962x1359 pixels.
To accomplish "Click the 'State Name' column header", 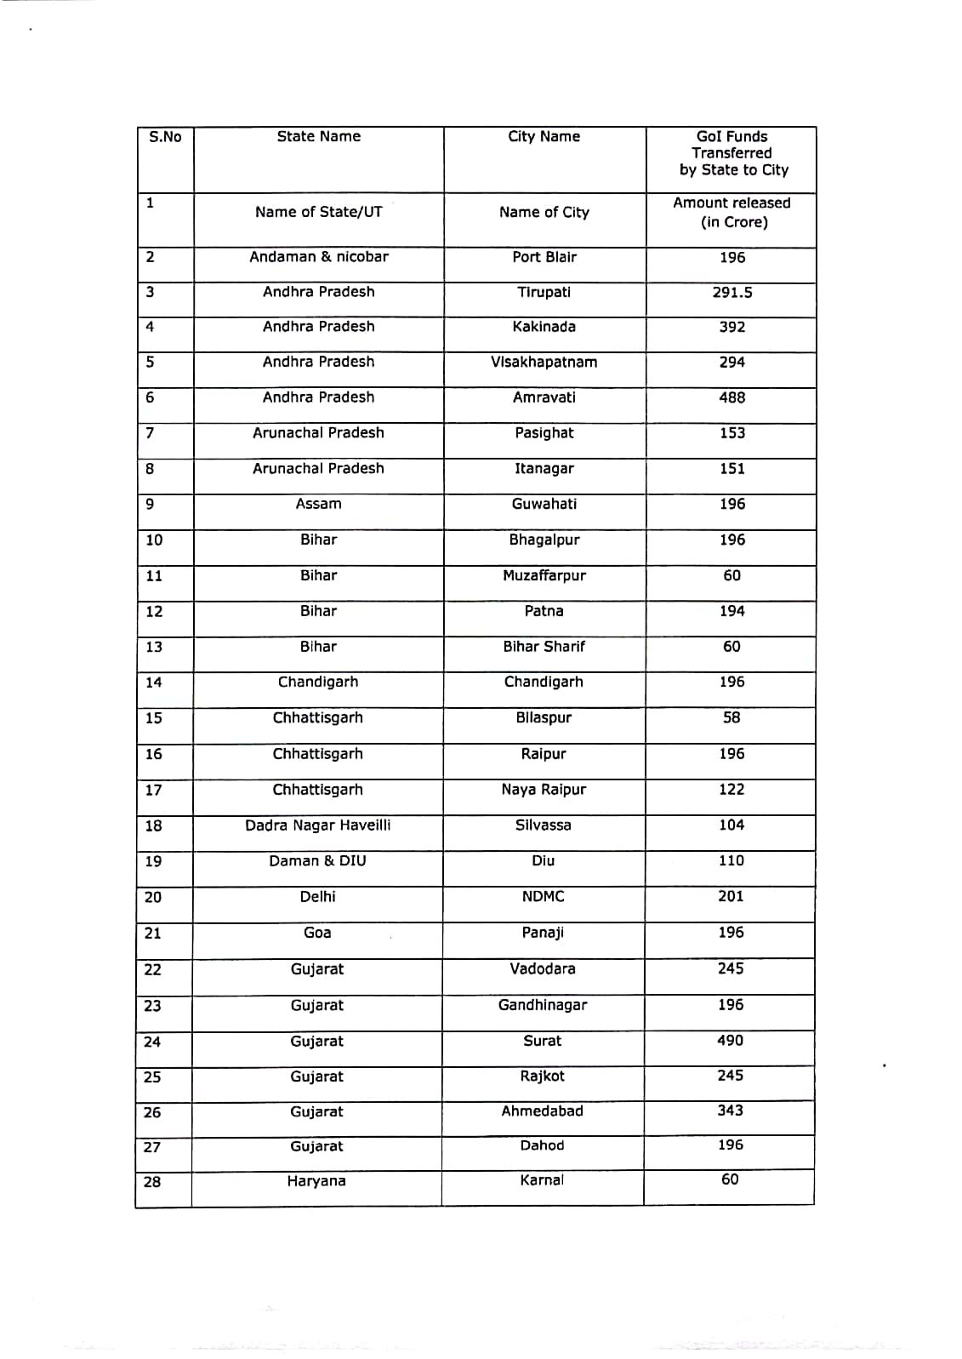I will (318, 137).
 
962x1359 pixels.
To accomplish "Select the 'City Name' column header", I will (544, 137).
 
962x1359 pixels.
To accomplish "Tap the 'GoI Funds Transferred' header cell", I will (731, 153).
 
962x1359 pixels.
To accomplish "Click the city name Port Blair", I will (544, 258).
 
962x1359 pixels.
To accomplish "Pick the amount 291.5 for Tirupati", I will (731, 293).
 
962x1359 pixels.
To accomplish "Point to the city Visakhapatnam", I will (544, 363).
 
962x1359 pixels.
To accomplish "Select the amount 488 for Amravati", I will (731, 398).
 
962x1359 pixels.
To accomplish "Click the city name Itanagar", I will (544, 469).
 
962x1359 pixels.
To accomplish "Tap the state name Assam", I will (318, 505).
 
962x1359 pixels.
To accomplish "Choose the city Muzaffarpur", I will (544, 576).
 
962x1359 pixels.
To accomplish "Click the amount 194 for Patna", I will (731, 612).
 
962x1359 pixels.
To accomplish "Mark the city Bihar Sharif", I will (544, 647).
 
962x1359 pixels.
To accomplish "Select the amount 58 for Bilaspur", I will (731, 718).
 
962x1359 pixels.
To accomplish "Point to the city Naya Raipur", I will (544, 790).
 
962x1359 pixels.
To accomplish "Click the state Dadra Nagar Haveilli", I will (318, 825).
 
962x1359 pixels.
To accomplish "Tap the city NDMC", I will (543, 897).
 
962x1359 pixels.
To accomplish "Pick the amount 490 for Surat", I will (730, 1041).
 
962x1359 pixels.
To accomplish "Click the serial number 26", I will (152, 1113).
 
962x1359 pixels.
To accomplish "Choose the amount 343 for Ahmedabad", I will (730, 1111).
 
